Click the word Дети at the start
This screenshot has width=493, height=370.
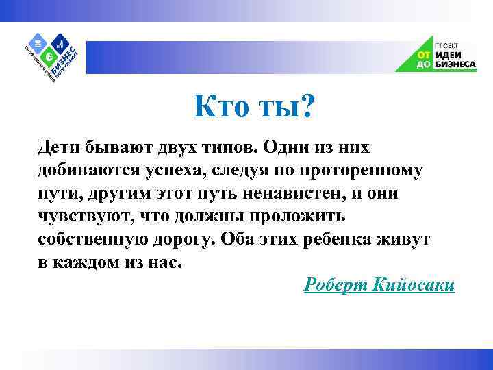(61, 148)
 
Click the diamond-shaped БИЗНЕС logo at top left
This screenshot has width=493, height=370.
(51, 53)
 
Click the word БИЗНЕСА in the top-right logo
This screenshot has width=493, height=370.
(454, 64)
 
